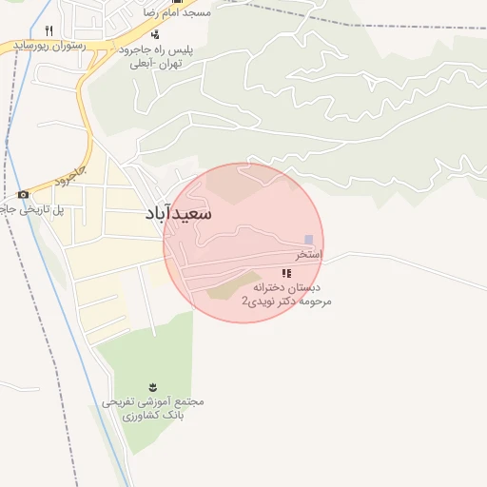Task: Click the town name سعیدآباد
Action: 179,214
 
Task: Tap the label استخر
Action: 308,255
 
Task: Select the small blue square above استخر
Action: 307,240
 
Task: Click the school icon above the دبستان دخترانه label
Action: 286,273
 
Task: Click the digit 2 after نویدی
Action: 244,301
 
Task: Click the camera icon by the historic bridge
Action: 23,194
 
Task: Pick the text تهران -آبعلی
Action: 160,64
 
